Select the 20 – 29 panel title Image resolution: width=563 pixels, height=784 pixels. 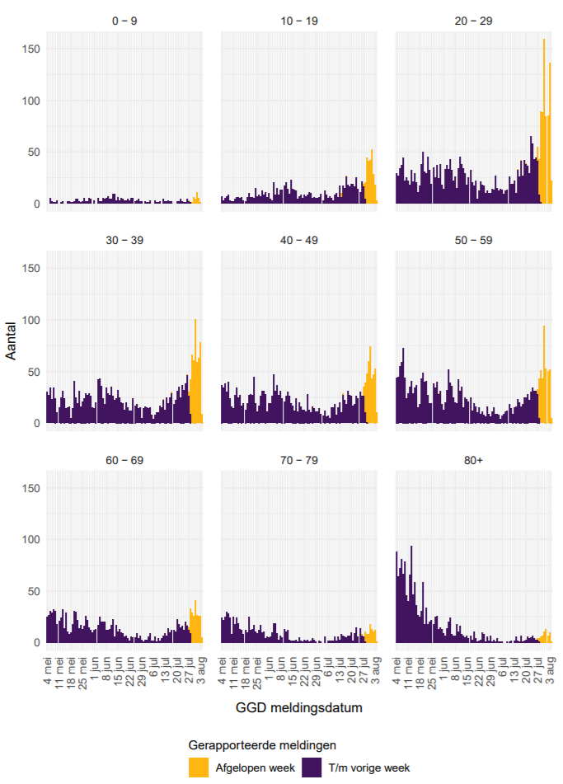coord(473,21)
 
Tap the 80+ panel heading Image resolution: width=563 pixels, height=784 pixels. coord(473,459)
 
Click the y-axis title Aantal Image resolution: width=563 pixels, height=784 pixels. coord(12,341)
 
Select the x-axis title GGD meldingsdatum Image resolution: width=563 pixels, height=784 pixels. coord(298,707)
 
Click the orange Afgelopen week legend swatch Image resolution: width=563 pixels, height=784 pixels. coord(199,767)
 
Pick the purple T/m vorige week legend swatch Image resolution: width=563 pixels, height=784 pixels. coord(312,767)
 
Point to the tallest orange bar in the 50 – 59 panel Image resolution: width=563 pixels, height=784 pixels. coord(544,375)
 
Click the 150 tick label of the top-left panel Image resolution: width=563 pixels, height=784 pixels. coord(30,49)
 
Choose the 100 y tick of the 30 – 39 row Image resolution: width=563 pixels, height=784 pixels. coord(30,320)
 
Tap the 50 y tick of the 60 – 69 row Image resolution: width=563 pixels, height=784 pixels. coord(33,591)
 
